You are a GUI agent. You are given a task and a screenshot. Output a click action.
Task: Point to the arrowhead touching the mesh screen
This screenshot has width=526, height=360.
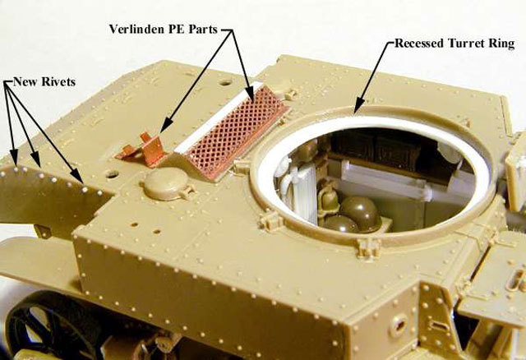[251, 95]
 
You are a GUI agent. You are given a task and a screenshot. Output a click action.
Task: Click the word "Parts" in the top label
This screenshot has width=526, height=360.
[203, 30]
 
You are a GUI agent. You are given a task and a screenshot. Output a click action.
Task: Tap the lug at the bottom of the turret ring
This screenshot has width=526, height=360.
[368, 247]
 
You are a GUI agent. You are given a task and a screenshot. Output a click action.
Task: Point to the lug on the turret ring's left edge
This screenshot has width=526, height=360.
[242, 166]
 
